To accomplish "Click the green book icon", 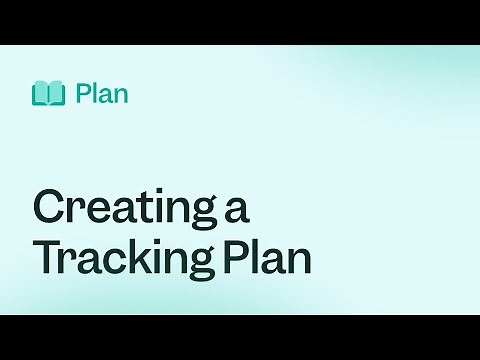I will click(48, 94).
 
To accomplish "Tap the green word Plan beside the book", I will click(101, 94).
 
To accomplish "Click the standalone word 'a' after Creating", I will click(236, 211).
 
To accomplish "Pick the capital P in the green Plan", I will click(82, 94).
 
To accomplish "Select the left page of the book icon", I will click(41, 94).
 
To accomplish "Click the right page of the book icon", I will click(56, 94).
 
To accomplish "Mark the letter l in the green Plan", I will click(94, 94).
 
